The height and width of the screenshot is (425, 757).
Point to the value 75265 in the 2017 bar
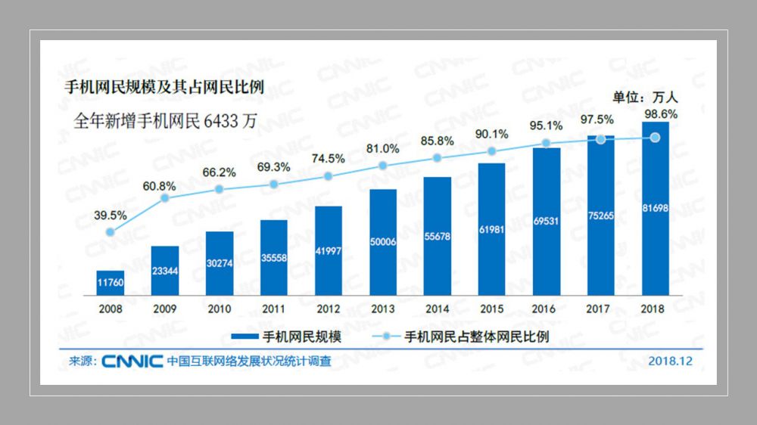click(x=600, y=215)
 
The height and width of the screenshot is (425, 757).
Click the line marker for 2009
click(x=164, y=198)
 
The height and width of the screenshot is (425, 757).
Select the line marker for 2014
click(x=437, y=158)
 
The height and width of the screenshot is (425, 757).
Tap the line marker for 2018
click(x=656, y=138)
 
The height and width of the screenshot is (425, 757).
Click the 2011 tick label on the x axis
click(x=273, y=309)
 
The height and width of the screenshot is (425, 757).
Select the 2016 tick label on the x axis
click(x=546, y=309)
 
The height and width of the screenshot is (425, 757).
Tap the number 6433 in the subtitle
click(x=221, y=122)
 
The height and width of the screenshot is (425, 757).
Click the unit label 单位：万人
click(x=646, y=97)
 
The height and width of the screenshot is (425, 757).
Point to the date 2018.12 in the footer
click(x=670, y=361)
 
